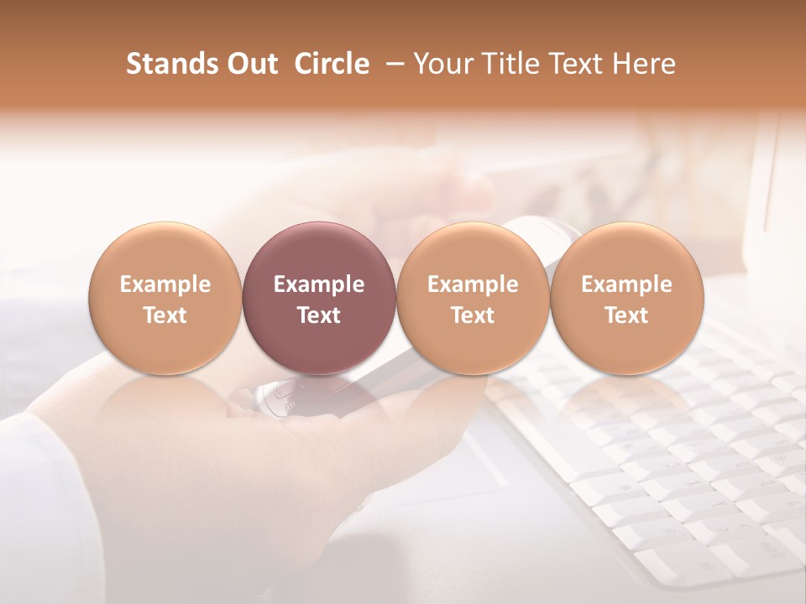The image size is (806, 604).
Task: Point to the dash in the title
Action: click(391, 65)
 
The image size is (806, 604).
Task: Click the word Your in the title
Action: click(441, 64)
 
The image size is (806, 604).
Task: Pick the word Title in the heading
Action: click(506, 64)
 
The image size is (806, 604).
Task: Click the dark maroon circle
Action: click(319, 298)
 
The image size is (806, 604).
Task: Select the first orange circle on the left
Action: click(165, 298)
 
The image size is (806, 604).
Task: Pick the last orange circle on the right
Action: click(626, 298)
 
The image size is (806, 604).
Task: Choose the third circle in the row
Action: click(473, 298)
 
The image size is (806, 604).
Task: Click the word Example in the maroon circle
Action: click(319, 284)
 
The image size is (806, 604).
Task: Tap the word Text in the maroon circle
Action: click(319, 315)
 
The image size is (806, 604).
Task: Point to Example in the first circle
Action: click(165, 284)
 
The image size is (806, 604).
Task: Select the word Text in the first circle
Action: click(165, 315)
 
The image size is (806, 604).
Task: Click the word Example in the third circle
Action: click(473, 284)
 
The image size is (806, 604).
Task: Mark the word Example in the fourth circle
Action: click(626, 284)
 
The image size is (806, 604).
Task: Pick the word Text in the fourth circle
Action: click(626, 315)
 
